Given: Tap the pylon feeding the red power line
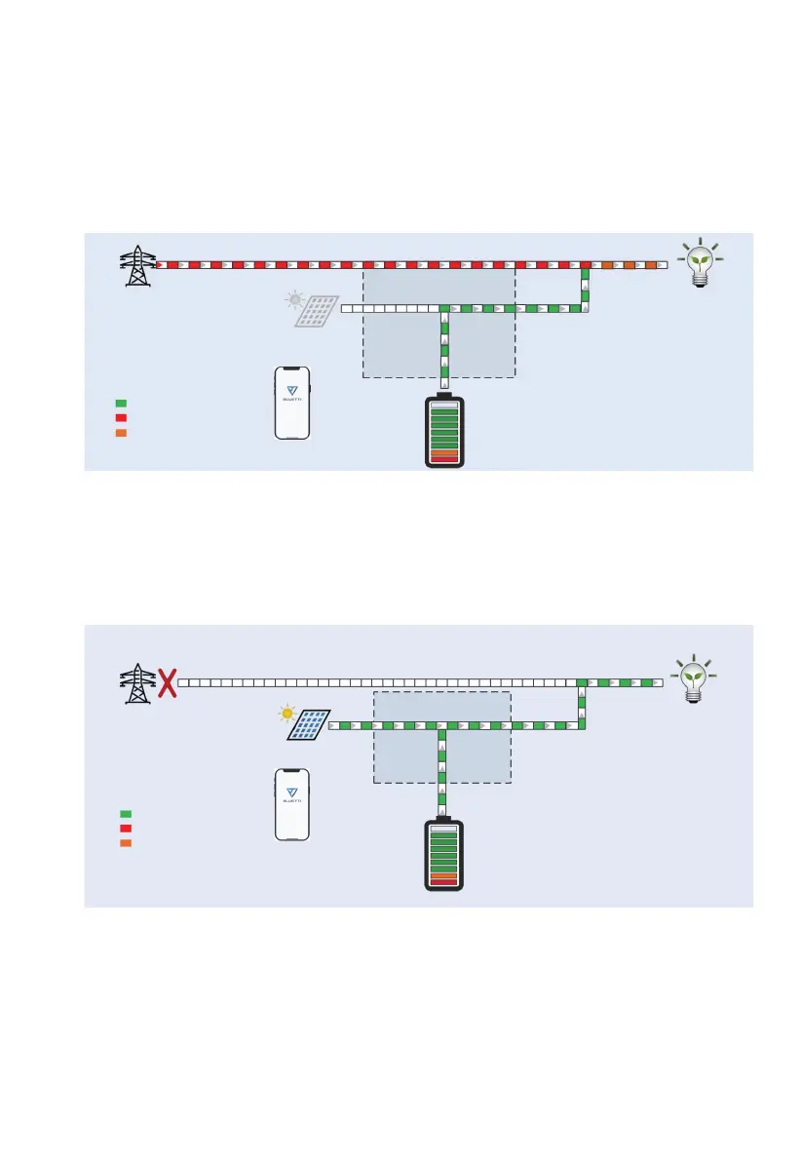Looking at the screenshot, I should pos(137,265).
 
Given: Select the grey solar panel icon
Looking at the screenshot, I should pos(319,311).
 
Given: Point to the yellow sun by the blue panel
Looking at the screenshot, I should pos(286,714).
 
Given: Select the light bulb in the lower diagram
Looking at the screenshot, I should pos(693,675).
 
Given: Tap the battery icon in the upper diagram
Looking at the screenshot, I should pos(444,433).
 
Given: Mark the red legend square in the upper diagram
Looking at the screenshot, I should pos(121,418).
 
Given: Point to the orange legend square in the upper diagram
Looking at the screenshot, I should pos(121,433).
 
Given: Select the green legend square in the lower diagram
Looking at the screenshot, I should pos(126,813).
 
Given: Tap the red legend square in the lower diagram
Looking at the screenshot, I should pos(126,828).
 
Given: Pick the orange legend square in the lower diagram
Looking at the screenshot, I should pos(126,842).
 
